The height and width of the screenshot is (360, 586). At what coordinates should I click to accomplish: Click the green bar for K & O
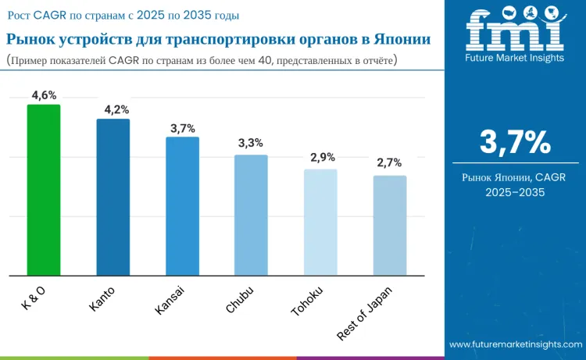pos(44,190)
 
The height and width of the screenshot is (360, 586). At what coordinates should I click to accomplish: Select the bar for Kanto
pos(113,197)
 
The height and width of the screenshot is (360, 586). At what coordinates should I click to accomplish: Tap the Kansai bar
pos(182,206)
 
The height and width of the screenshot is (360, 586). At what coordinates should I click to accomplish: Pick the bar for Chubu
pos(251,215)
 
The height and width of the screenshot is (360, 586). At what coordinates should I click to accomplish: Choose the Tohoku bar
pos(320,223)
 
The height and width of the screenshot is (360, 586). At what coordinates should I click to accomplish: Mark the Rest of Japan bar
pos(390,226)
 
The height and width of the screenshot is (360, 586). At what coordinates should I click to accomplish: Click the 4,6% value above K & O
pos(44,95)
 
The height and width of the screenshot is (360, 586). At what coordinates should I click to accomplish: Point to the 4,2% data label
pos(116,110)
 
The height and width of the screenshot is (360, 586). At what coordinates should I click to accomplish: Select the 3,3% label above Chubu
pos(251,143)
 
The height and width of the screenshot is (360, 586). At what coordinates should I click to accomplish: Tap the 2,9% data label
pos(323,157)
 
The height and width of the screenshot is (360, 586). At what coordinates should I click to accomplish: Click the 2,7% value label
pos(389,162)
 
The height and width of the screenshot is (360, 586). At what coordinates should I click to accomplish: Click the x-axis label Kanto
pos(102,299)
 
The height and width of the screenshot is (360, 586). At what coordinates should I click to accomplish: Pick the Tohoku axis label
pos(307,301)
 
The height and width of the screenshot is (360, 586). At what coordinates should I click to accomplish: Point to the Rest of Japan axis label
pos(365,314)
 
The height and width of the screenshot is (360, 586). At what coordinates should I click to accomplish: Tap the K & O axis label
pos(34,298)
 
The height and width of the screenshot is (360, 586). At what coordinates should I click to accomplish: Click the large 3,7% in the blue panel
pos(515,142)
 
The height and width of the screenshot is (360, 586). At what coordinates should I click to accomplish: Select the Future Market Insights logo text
pos(515,58)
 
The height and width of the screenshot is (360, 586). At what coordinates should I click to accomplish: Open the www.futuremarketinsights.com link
pos(516,344)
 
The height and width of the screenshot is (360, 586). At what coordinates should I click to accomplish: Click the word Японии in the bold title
pos(402,39)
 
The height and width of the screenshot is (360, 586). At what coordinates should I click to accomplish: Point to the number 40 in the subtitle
pos(265,60)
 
